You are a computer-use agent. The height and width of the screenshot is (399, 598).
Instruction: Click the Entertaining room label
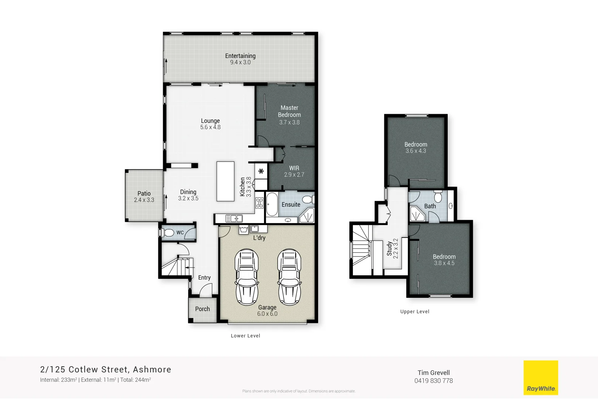pos(240,56)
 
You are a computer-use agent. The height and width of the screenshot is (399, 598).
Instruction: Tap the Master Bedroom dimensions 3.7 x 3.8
pos(289,122)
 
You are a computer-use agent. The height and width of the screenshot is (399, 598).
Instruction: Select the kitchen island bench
pos(225,181)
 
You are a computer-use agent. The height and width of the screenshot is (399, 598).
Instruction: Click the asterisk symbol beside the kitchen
pos(261,171)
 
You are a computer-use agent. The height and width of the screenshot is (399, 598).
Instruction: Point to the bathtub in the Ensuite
pos(272,204)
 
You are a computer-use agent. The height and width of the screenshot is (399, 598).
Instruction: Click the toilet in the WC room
pos(168,233)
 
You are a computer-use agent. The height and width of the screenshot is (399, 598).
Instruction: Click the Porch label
pos(202,309)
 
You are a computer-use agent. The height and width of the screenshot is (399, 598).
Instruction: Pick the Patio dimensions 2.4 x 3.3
pos(144,200)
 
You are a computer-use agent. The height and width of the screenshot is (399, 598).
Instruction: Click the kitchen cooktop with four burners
pos(260,203)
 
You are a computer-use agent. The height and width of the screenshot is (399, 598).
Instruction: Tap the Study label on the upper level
pos(389,249)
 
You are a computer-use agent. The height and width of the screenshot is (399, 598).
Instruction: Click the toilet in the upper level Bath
pos(438,197)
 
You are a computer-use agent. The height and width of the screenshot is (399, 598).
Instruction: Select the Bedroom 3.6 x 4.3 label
pos(416,144)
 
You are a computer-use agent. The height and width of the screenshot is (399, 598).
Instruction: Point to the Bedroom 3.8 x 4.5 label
pos(444,257)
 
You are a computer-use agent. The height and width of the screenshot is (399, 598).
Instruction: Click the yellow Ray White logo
pos(541,378)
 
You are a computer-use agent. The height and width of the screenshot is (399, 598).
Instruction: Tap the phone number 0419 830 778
pos(433,381)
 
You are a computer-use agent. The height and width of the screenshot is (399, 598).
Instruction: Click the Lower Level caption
pos(245,336)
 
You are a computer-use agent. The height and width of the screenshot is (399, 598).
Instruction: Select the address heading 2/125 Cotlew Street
pos(106,369)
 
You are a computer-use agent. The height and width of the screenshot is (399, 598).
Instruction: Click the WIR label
pos(294,168)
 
